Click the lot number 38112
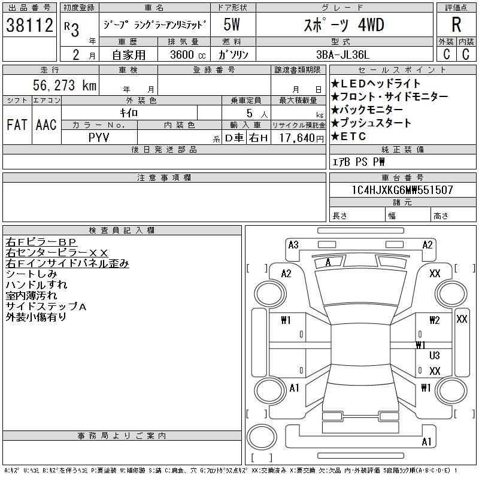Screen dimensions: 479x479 point(29,25)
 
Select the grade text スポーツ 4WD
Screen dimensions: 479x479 point(344,25)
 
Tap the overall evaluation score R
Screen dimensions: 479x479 point(456,25)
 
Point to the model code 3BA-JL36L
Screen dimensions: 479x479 point(342,54)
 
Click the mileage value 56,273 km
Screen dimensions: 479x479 point(65,85)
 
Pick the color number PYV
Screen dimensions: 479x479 point(99,138)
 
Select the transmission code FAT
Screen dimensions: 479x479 point(17,125)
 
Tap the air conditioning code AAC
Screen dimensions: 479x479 point(46,125)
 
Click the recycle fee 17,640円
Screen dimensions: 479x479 point(302,138)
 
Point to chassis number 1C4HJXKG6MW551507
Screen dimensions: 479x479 point(402,190)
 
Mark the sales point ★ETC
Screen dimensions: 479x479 point(348,137)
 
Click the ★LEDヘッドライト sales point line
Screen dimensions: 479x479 point(376,83)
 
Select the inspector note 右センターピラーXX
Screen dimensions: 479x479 point(57,253)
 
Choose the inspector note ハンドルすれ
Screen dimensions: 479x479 point(37,285)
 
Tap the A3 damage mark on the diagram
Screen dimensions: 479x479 point(293,245)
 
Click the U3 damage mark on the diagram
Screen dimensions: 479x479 point(435,355)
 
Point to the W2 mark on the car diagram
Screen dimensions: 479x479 point(435,320)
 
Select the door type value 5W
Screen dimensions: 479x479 point(232,25)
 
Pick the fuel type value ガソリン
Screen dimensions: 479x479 point(233,54)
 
